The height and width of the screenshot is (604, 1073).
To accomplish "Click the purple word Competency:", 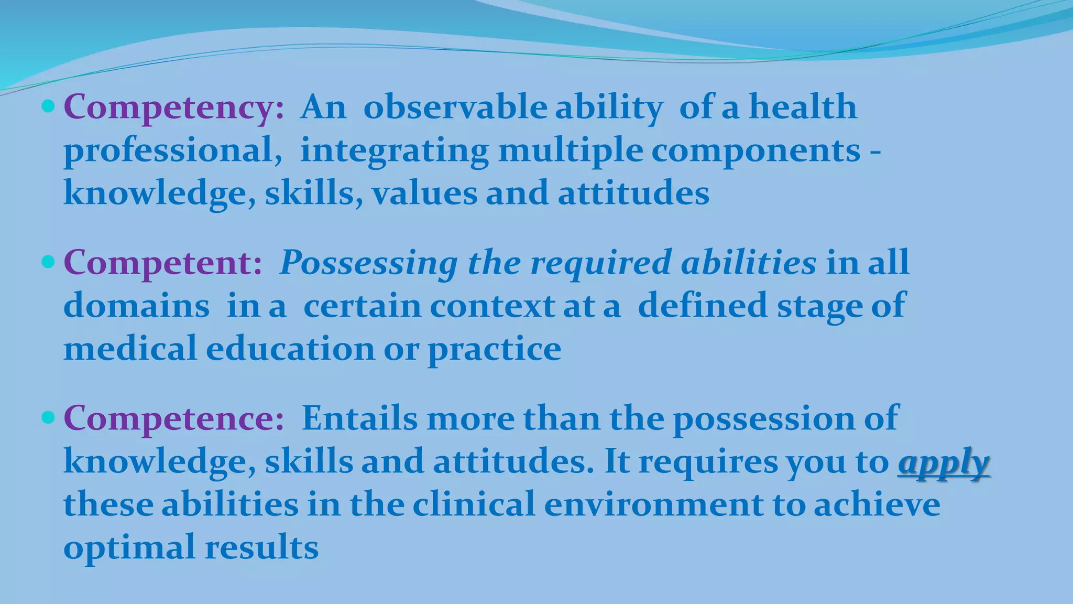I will [x=173, y=107].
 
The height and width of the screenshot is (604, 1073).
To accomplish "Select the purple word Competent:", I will [x=162, y=263].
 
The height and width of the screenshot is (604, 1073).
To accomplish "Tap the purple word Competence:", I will [x=173, y=418].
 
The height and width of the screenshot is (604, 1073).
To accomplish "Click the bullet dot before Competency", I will [x=48, y=107].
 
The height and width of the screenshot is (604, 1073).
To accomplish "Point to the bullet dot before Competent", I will [x=48, y=262].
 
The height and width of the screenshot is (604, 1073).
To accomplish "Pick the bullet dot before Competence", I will [x=48, y=418].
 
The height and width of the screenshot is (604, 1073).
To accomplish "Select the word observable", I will [x=455, y=107].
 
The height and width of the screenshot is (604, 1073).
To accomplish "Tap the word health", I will [x=803, y=107].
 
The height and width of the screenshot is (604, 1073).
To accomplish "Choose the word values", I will [x=424, y=193].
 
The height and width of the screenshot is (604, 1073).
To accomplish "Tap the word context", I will [x=492, y=306].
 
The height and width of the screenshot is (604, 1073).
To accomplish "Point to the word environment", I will [x=653, y=504].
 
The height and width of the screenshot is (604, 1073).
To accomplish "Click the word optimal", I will [x=129, y=548].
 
